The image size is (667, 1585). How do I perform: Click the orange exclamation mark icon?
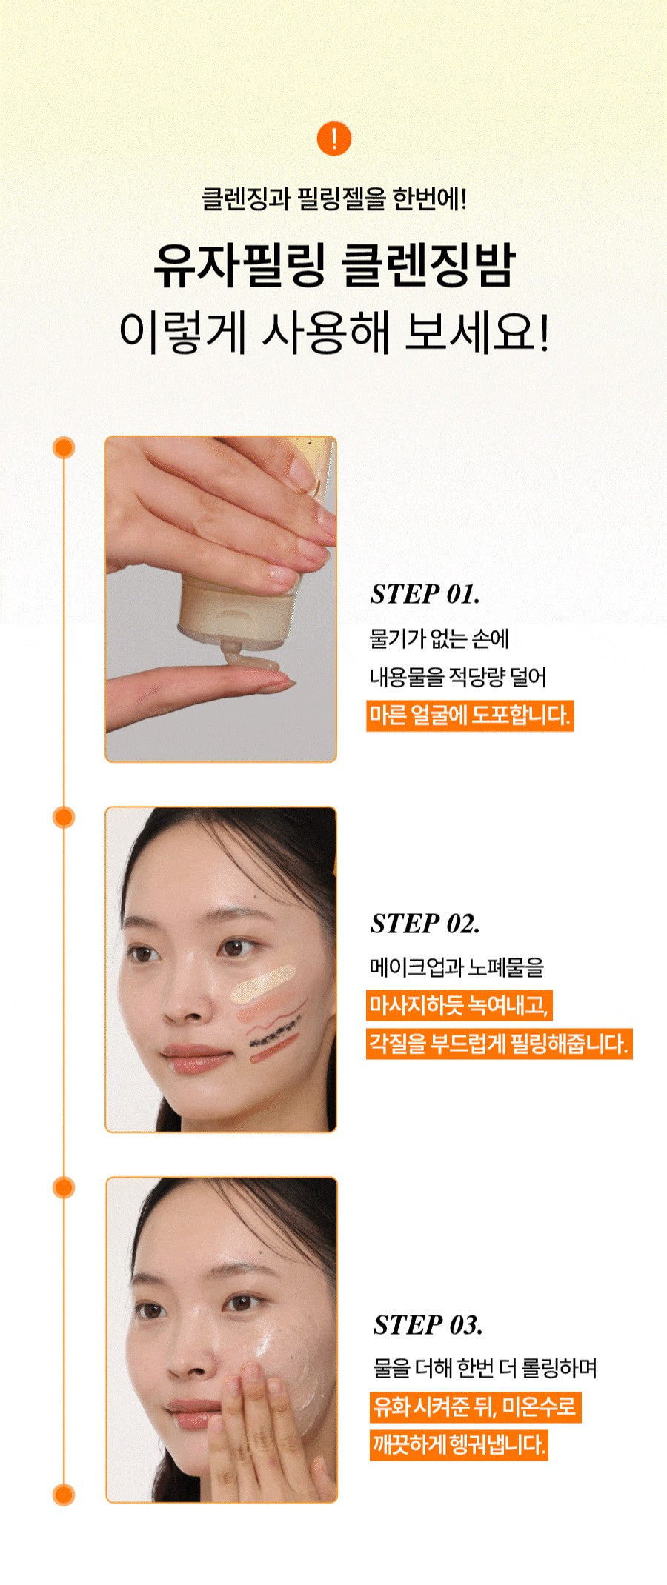tap(333, 139)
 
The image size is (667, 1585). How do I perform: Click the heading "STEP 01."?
tap(425, 594)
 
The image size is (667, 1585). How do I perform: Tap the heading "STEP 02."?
tap(425, 924)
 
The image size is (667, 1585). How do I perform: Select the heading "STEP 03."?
tap(428, 1324)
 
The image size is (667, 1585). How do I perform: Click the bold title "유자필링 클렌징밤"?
tap(333, 266)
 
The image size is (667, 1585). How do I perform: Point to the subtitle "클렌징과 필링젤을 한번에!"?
tap(333, 198)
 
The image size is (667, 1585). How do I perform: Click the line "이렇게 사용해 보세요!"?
tap(333, 333)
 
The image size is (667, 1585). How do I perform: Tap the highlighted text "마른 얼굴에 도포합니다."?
tap(469, 715)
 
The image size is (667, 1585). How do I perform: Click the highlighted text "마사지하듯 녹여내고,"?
tap(459, 1005)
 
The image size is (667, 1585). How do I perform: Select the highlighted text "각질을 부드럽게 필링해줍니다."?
tap(499, 1044)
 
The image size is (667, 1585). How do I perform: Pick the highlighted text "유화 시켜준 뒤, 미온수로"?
tap(474, 1406)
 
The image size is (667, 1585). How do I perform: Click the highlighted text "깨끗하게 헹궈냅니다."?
tap(459, 1444)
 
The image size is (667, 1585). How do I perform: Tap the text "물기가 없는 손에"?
tap(439, 638)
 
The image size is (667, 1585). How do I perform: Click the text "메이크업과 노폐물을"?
tap(457, 967)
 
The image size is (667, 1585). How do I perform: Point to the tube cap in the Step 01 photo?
tap(236, 612)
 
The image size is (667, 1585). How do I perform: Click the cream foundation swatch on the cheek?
tap(263, 986)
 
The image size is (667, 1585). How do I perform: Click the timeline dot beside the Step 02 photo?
tap(64, 817)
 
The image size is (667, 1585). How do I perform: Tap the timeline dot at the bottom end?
tap(64, 1495)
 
